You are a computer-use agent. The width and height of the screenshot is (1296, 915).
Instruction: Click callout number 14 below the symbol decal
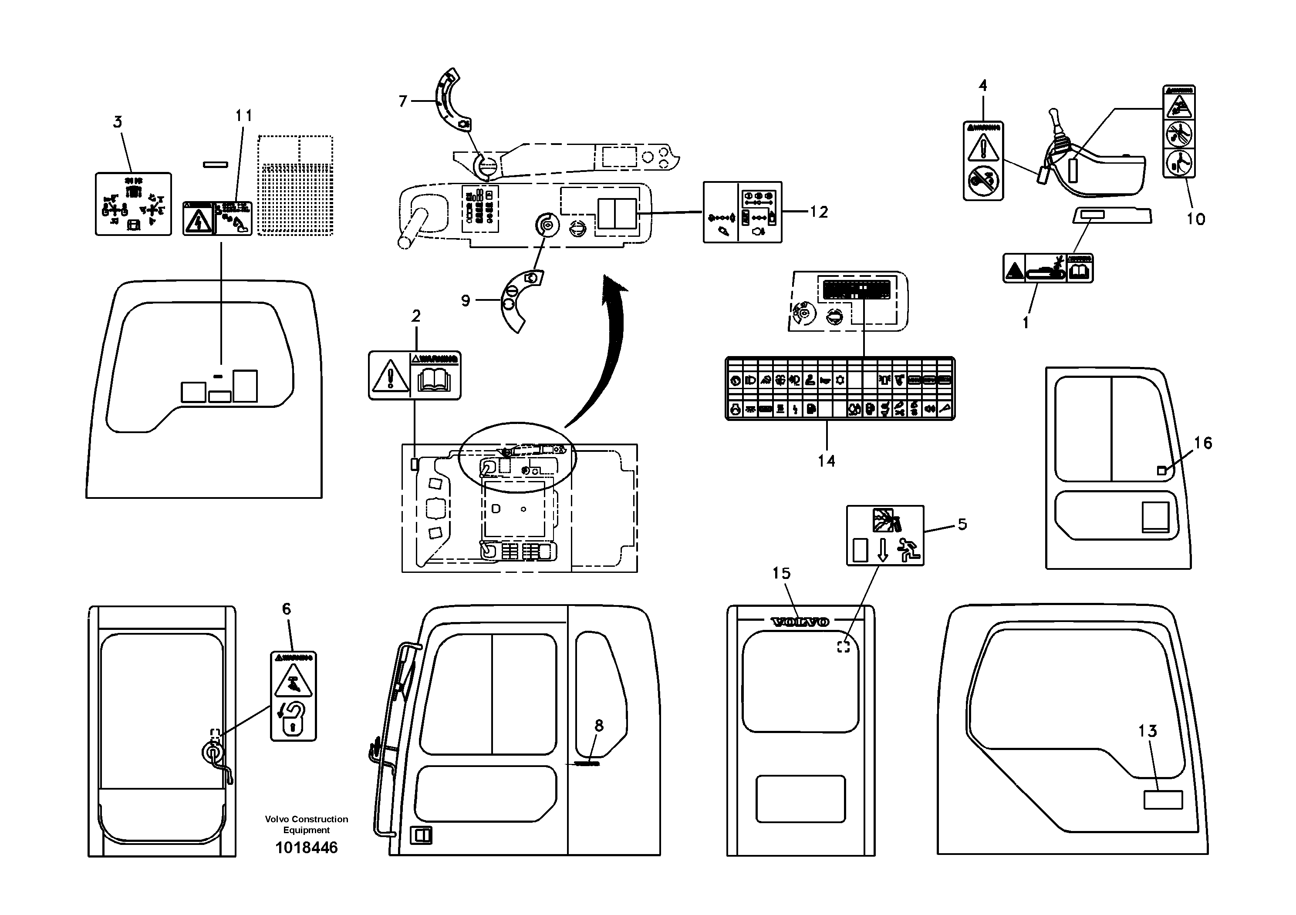tap(827, 461)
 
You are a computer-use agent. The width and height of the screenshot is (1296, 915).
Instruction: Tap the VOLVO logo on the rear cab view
tap(800, 622)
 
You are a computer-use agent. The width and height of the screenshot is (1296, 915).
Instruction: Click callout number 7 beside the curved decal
tap(402, 101)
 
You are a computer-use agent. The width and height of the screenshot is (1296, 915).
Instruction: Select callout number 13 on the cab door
tap(1147, 731)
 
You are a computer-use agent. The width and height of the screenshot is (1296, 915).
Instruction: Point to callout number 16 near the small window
tap(1203, 443)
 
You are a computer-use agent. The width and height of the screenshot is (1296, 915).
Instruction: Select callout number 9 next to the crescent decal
tap(465, 300)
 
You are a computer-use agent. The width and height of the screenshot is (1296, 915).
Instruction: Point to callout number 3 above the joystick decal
tap(118, 122)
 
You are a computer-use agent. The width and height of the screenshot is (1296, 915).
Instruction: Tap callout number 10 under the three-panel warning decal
tap(1195, 219)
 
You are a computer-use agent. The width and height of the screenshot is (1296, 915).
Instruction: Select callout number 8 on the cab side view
tap(599, 726)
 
